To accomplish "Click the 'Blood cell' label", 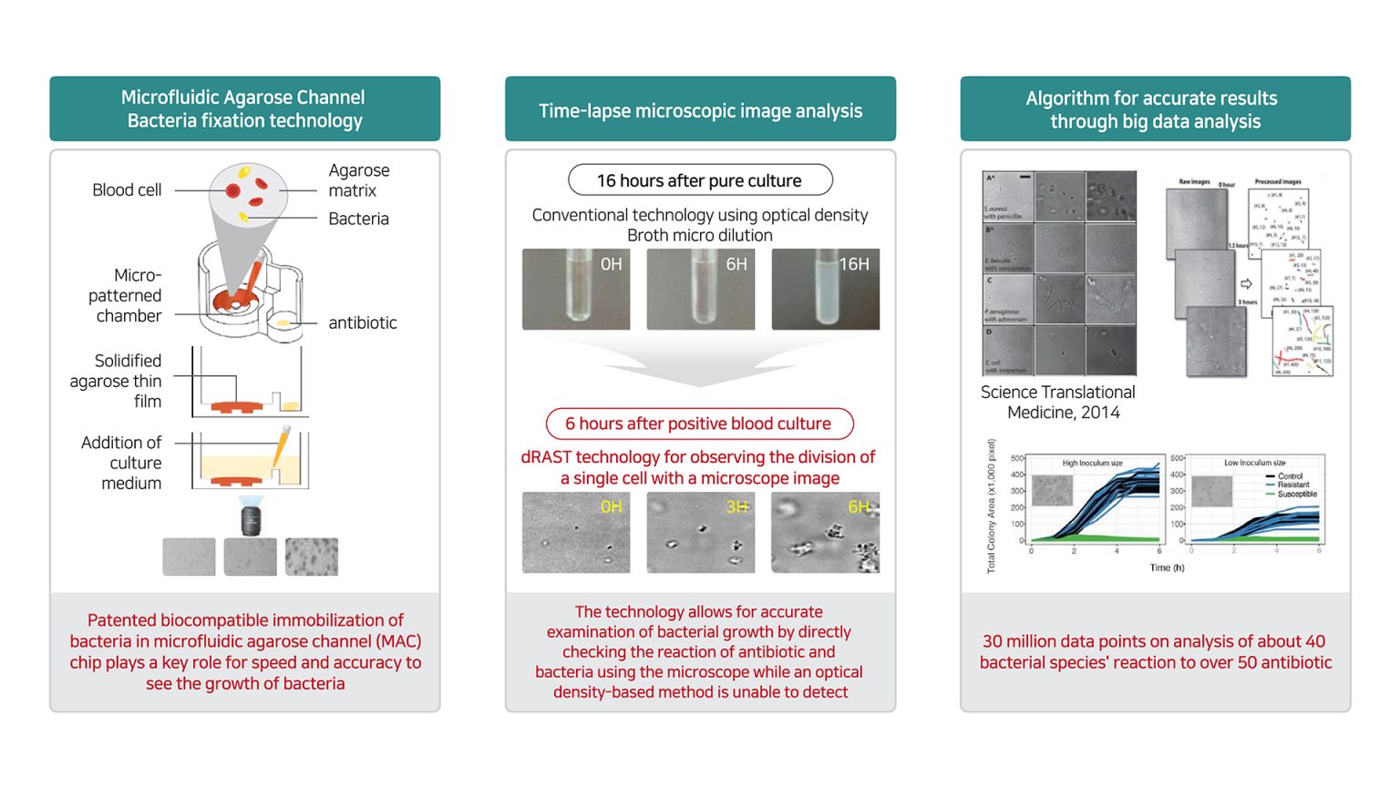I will tap(127, 190).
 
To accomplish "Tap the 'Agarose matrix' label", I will tap(358, 180).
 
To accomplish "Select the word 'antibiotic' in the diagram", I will tap(362, 322).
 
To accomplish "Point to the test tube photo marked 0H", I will tap(575, 289).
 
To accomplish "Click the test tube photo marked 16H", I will tap(825, 289).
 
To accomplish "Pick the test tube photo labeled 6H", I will tap(700, 289).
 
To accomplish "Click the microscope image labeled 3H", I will tap(700, 533).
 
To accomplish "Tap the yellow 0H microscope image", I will tap(575, 533).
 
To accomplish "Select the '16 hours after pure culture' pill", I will tap(699, 180).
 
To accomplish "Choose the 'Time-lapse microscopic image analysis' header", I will tap(700, 110).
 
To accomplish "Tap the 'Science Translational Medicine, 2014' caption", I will tap(1058, 402).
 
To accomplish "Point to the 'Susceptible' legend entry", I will tap(1296, 494).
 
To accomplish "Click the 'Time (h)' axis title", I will tap(1167, 567).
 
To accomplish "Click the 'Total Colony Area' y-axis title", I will tap(991, 506).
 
